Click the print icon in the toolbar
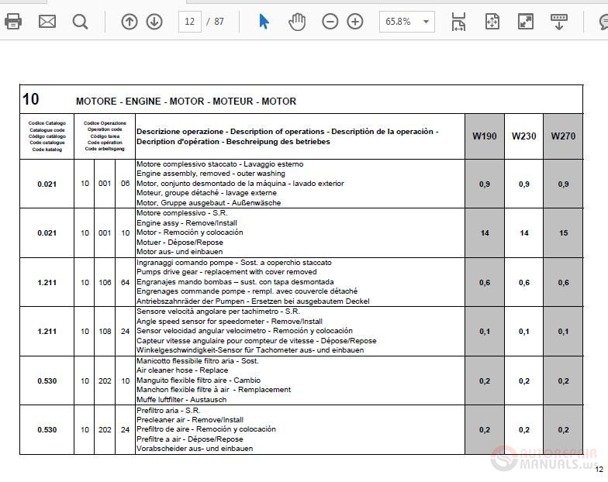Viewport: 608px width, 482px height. coord(13,21)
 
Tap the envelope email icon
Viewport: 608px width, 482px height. coord(47,21)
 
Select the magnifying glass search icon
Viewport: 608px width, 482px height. coord(81,21)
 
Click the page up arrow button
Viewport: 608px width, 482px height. coord(130,22)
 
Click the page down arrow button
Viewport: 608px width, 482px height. coord(154,22)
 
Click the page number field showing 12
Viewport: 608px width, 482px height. coord(189,22)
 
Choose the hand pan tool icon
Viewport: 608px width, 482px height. coord(297,22)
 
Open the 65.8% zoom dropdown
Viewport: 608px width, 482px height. coord(406,22)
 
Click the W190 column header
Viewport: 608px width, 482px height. coord(485,136)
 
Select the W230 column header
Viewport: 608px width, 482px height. coord(523,136)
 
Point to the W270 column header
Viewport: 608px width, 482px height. coord(563,136)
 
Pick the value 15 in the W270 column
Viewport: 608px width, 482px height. coord(563,233)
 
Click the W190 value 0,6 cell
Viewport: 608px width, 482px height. coord(485,283)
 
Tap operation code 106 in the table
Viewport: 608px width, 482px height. coord(105,283)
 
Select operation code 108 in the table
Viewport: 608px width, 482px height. coord(105,332)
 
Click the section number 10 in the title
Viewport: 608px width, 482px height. coord(31,99)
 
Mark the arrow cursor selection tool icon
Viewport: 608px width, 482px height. coord(264,22)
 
